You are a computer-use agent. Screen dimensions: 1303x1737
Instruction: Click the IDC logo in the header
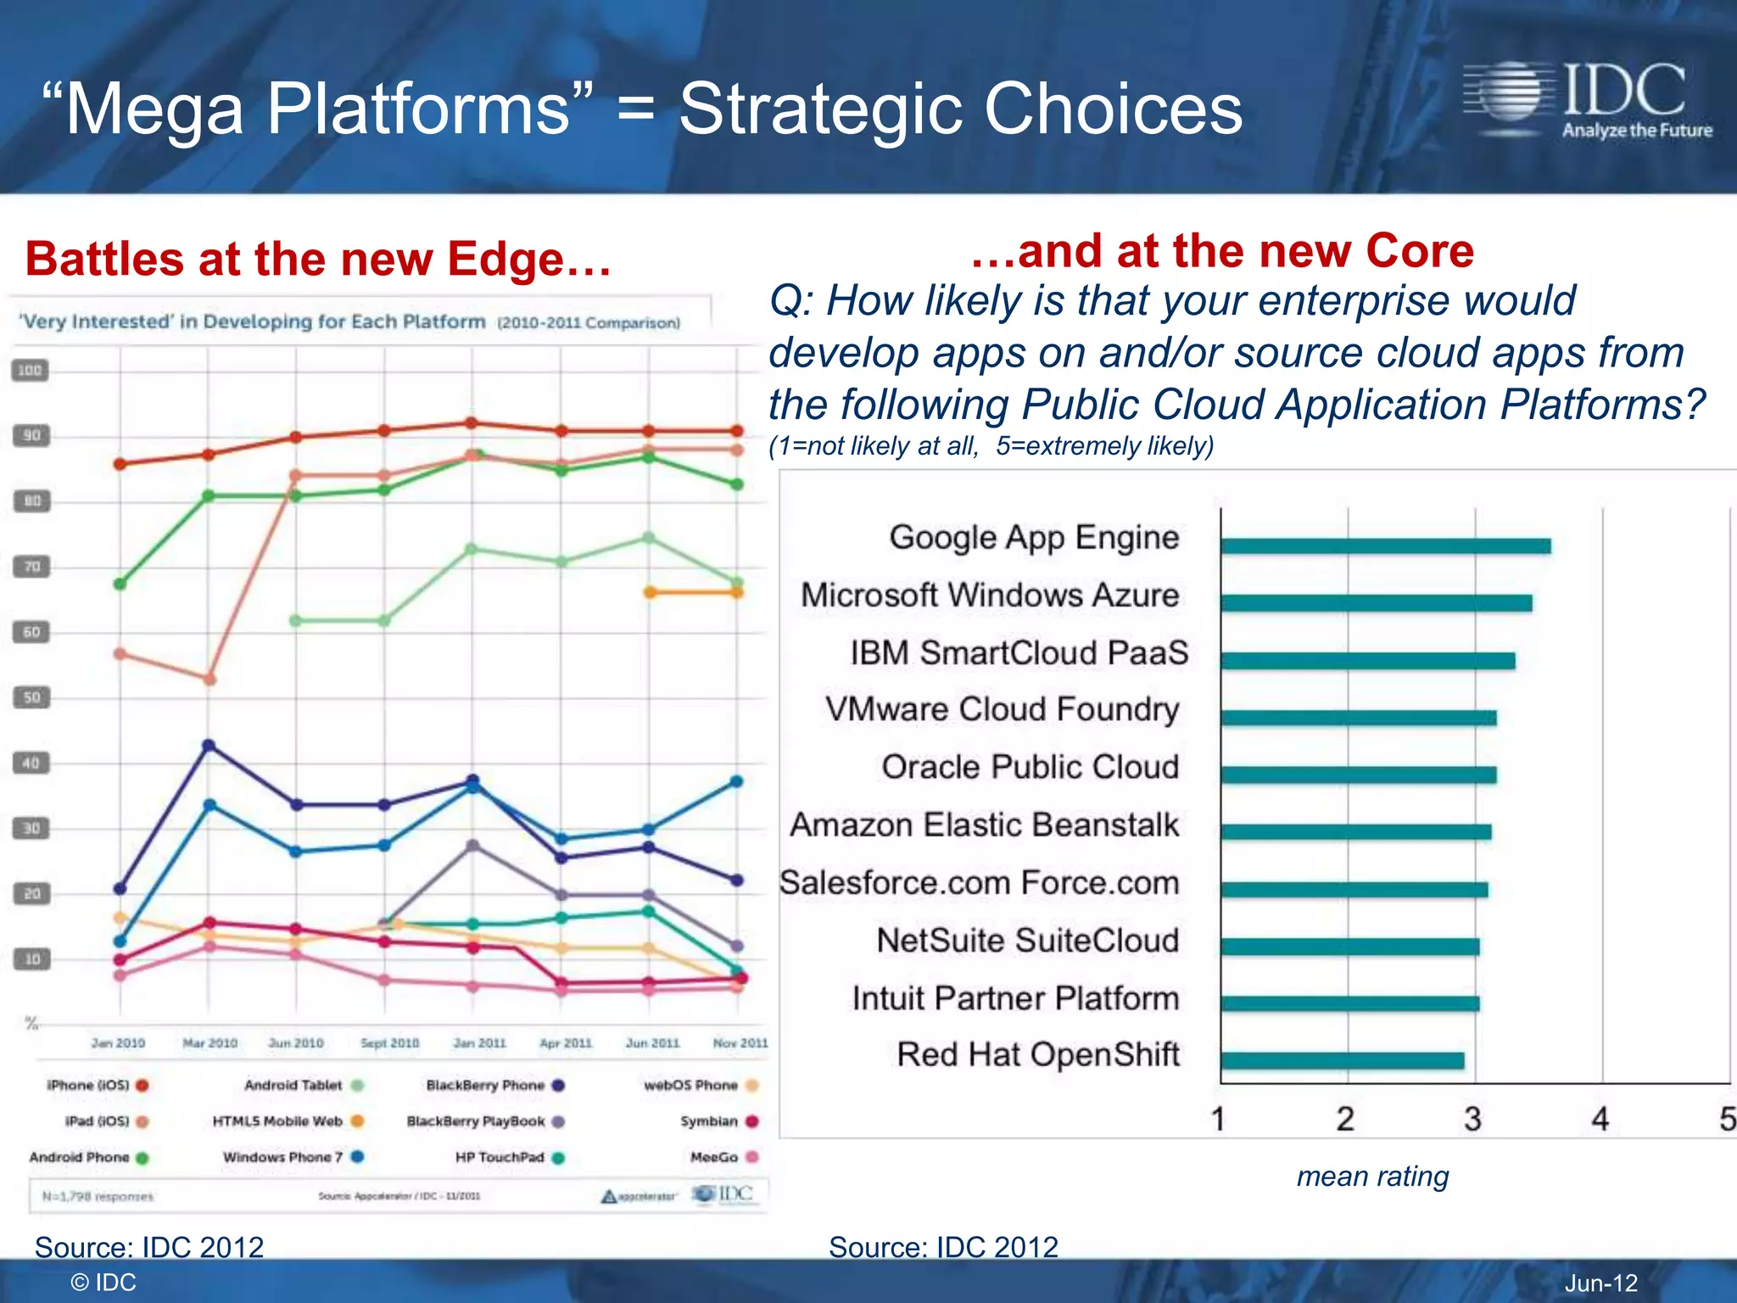[x=1586, y=100]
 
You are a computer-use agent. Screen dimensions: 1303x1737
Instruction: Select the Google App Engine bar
[x=1385, y=545]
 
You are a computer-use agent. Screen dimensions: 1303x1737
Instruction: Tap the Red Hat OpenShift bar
[x=1342, y=1060]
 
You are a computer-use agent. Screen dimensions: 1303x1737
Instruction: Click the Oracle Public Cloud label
[x=1030, y=767]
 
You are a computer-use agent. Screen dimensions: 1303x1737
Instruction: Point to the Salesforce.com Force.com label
[x=979, y=882]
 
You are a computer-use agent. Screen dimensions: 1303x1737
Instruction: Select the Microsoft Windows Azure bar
[x=1376, y=603]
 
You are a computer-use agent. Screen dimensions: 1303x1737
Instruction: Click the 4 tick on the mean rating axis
[x=1600, y=1119]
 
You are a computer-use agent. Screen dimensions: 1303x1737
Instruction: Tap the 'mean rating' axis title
[x=1372, y=1177]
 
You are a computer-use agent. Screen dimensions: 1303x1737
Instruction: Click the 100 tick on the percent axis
[x=30, y=371]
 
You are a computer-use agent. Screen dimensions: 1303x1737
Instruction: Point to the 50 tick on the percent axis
[x=31, y=697]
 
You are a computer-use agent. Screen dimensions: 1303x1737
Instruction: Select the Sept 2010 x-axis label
[x=389, y=1043]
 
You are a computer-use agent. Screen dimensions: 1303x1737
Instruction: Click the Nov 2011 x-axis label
[x=740, y=1043]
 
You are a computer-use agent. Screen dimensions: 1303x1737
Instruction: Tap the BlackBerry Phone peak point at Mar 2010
[x=209, y=746]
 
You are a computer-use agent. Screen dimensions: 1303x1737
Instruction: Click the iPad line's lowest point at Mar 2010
[x=209, y=679]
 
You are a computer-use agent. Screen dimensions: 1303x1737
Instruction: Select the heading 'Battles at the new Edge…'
[x=318, y=259]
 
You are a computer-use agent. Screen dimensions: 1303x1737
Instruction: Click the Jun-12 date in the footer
[x=1600, y=1283]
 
